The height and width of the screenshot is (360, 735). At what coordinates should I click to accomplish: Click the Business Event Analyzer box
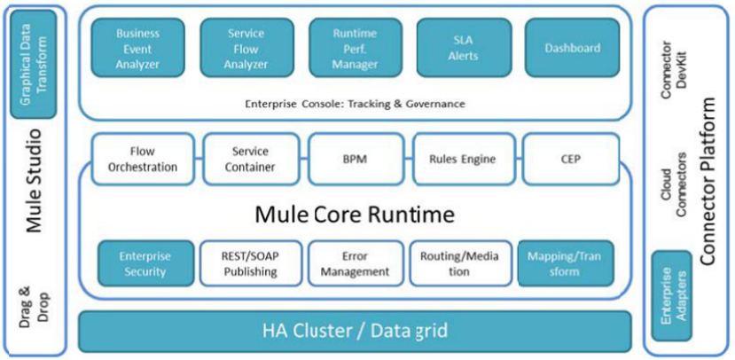138,49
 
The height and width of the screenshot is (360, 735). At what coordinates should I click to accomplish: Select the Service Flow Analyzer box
246,49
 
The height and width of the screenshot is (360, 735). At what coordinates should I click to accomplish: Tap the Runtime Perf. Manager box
355,49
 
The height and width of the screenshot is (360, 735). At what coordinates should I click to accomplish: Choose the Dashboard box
572,49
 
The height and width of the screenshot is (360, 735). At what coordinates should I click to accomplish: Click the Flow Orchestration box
142,159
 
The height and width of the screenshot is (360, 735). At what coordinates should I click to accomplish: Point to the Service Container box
250,159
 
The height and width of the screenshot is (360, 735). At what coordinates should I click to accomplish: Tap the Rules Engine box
463,159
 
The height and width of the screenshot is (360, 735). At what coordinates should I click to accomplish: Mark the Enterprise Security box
145,263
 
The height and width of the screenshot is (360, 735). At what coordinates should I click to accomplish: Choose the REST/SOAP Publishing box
250,263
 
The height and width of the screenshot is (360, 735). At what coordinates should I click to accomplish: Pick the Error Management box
355,263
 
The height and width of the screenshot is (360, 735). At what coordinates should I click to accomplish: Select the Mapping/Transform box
564,263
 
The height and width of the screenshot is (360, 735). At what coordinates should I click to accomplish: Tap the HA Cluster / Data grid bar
355,332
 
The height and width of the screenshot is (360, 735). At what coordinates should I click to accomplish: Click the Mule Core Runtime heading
355,214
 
